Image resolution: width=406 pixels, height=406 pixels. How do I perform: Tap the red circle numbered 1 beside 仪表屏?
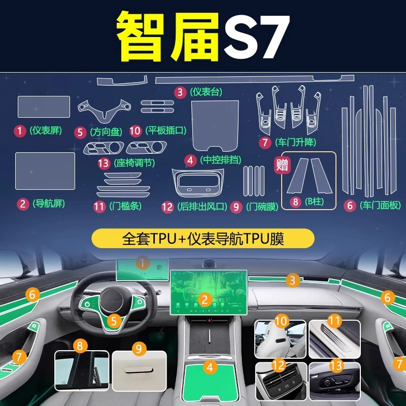coord(20,131)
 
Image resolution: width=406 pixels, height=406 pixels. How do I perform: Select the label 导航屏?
coord(49,204)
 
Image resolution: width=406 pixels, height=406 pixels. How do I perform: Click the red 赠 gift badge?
coord(282,165)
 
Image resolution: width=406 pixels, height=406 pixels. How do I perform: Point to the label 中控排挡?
coord(221,160)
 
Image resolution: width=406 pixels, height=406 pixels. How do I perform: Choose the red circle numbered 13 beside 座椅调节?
coord(104,163)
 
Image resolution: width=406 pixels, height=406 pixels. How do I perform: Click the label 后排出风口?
coord(202,207)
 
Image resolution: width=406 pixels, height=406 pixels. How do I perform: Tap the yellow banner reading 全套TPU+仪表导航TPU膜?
coord(203,239)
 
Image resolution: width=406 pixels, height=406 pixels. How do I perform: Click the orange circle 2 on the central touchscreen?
coord(205,300)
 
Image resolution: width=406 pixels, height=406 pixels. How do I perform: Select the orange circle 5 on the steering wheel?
coord(114,321)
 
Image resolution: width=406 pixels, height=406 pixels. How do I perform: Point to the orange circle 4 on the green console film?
coord(210,367)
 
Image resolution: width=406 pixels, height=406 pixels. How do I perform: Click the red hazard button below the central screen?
coord(210,321)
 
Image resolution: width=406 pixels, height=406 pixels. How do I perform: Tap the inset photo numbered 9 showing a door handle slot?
coord(139,370)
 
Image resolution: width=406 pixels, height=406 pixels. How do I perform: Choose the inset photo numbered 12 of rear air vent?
coord(281,381)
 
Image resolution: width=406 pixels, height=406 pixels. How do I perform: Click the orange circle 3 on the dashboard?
coord(293,281)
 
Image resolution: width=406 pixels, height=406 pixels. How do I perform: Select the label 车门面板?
coord(380,206)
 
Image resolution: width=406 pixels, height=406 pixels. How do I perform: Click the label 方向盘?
coord(106,132)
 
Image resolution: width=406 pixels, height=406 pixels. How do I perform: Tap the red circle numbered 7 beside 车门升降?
coord(265,143)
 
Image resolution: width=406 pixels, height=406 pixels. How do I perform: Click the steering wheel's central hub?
coord(111,301)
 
